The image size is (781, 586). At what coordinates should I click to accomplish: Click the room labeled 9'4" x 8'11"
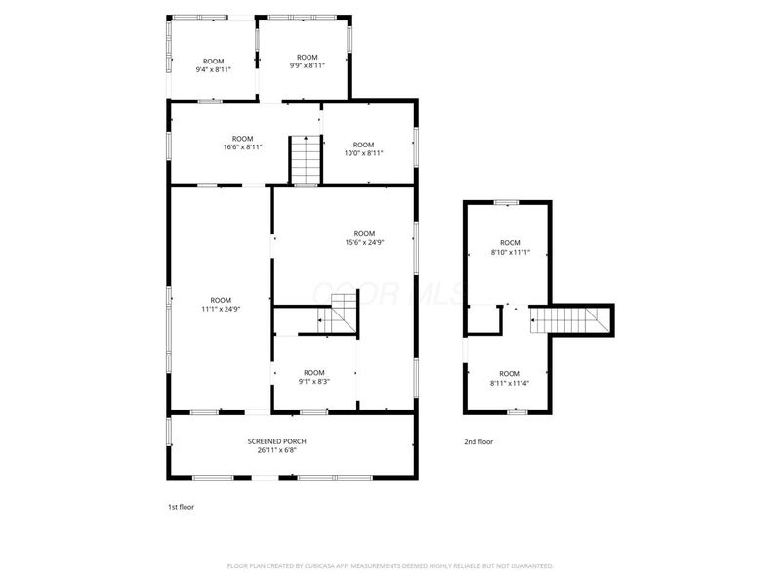(x=213, y=65)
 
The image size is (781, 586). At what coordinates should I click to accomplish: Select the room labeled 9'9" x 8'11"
(x=307, y=62)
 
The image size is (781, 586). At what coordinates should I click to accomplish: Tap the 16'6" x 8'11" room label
(x=242, y=143)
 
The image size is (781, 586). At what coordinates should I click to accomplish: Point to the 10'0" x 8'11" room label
(x=363, y=148)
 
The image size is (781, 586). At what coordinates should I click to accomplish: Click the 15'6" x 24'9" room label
(x=363, y=238)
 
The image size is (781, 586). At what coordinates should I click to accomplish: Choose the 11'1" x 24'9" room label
(x=221, y=304)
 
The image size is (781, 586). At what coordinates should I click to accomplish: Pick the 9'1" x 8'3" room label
(x=313, y=377)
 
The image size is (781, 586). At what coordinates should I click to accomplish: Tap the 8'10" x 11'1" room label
(x=511, y=247)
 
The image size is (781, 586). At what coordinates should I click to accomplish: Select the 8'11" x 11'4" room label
(x=510, y=378)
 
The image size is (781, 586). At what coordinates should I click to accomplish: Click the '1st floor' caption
(x=182, y=507)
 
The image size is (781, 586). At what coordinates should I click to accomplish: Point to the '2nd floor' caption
(x=478, y=441)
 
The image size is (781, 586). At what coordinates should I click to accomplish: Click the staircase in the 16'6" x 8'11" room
(x=305, y=158)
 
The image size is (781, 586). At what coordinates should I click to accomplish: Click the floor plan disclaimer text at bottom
(x=390, y=565)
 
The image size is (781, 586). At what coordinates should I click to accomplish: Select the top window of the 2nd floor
(x=507, y=202)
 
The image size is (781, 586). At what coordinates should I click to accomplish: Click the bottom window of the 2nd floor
(x=516, y=412)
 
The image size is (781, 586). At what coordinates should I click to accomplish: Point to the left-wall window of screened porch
(x=170, y=431)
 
